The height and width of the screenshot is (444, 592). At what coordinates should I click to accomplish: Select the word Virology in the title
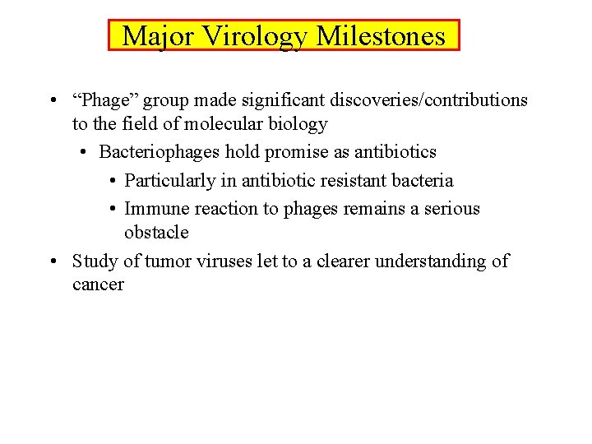click(256, 36)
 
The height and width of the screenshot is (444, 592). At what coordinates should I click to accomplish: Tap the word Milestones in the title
click(381, 36)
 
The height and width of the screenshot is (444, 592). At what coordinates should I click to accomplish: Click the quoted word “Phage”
click(107, 100)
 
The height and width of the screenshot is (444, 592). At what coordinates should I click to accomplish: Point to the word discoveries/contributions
click(428, 100)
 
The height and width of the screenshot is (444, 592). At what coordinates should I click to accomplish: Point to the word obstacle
click(156, 233)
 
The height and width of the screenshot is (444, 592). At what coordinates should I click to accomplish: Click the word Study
click(95, 261)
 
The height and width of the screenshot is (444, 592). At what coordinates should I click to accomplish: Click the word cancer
click(98, 285)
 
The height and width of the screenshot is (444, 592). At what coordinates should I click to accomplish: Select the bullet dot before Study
click(53, 262)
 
